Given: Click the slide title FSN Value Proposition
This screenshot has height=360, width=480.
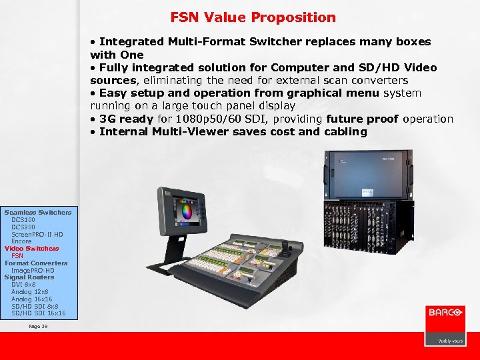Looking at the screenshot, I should pyautogui.click(x=253, y=17).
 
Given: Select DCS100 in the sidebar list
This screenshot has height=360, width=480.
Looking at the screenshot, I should pyautogui.click(x=24, y=219).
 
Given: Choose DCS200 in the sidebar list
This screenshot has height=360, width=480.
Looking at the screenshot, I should pyautogui.click(x=24, y=227).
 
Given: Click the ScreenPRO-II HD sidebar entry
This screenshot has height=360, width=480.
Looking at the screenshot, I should pyautogui.click(x=37, y=234).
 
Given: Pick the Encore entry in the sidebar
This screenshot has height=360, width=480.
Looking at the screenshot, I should pyautogui.click(x=21, y=241).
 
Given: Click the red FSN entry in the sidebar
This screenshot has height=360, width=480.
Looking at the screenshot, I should pyautogui.click(x=17, y=255).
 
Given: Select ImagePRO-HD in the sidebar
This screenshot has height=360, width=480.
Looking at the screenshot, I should pyautogui.click(x=33, y=270).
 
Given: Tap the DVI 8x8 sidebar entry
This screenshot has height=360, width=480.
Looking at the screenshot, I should pyautogui.click(x=23, y=284).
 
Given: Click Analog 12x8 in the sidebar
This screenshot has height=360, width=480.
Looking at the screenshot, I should pyautogui.click(x=30, y=291).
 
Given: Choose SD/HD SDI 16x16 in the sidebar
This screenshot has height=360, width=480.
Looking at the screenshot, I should pyautogui.click(x=38, y=313).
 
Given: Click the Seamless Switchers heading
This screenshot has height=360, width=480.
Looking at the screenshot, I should pyautogui.click(x=38, y=212).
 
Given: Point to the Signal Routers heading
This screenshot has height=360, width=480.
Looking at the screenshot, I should pyautogui.click(x=29, y=277).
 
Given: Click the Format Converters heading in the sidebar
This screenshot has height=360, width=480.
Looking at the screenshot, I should pyautogui.click(x=36, y=263).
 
